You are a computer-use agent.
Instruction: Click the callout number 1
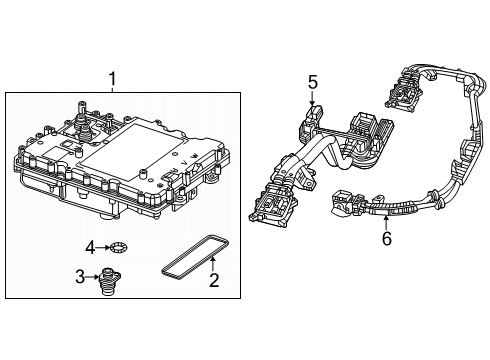pyautogui.click(x=112, y=78)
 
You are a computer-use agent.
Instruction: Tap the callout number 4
pyautogui.click(x=89, y=246)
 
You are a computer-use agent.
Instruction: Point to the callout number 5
pyautogui.click(x=312, y=83)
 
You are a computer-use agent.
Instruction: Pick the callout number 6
pyautogui.click(x=386, y=238)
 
